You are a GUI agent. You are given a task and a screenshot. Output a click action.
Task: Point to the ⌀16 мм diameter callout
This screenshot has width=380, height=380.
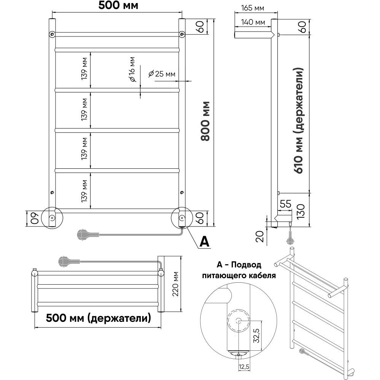click(132, 70)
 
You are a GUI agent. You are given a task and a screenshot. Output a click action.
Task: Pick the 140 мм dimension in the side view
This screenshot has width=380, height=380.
click(252, 22)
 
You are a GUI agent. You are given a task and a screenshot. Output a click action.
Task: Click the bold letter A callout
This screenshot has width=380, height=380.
click(204, 241)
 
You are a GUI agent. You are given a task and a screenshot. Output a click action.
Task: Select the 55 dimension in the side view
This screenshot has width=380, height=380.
click(286, 204)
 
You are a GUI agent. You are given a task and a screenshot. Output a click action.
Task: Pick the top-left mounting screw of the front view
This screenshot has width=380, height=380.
click(52, 35)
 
